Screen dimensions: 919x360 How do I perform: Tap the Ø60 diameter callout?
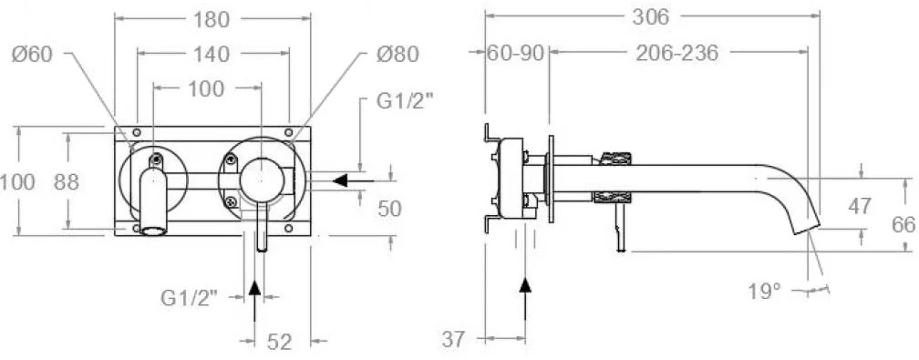pyautogui.click(x=32, y=55)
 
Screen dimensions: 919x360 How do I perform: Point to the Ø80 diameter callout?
pyautogui.click(x=398, y=55)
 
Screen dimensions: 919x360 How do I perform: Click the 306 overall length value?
pyautogui.click(x=651, y=17)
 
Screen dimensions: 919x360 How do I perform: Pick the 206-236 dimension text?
pyautogui.click(x=676, y=54)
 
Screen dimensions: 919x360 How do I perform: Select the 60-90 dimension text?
pyautogui.click(x=516, y=54)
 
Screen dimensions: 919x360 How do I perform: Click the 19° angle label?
pyautogui.click(x=765, y=291)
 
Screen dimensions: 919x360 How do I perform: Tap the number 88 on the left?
pyautogui.click(x=67, y=182)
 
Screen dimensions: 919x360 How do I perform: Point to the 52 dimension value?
pyautogui.click(x=279, y=341)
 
